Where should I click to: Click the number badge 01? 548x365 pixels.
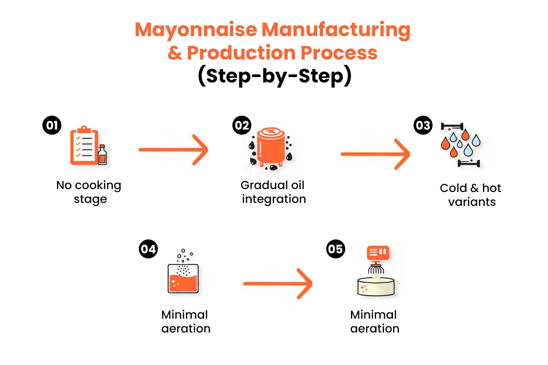(x=52, y=125)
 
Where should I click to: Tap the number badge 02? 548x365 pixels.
(x=242, y=125)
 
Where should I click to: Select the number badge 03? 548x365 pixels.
(x=423, y=125)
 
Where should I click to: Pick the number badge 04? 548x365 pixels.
(x=148, y=249)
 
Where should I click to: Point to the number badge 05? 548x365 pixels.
(x=335, y=249)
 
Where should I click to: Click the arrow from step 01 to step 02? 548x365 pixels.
(x=173, y=150)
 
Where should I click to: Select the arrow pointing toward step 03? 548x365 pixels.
(x=375, y=154)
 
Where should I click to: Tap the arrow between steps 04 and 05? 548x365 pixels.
(x=278, y=284)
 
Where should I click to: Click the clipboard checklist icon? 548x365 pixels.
(x=84, y=146)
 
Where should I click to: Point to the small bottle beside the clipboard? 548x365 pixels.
(x=102, y=155)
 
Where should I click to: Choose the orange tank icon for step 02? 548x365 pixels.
(x=271, y=146)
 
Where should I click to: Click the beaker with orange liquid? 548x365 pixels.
(x=183, y=279)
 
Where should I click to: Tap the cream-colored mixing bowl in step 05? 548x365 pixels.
(x=376, y=287)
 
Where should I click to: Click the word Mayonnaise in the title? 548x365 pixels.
(x=196, y=30)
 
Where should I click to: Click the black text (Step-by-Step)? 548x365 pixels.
(x=274, y=76)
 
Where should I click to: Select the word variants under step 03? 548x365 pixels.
(x=472, y=202)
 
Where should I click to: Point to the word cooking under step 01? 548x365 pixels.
(x=98, y=186)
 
